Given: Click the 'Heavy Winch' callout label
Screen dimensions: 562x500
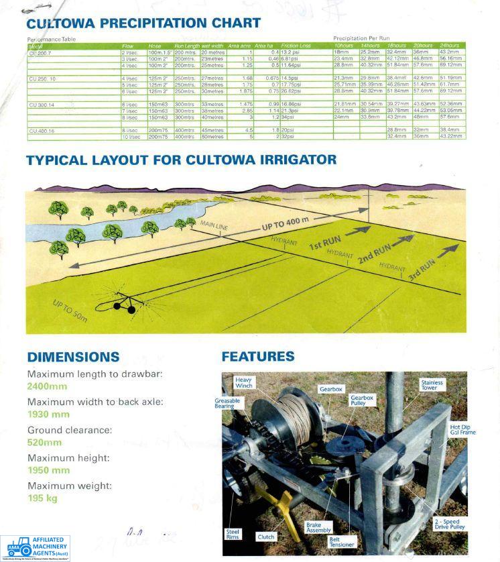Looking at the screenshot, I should tap(243, 383).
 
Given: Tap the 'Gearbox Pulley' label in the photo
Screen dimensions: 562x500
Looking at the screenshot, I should tap(361, 400).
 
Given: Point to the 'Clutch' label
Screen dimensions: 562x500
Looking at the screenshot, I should tap(265, 537).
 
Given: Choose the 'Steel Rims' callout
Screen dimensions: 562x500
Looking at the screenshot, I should tap(233, 535).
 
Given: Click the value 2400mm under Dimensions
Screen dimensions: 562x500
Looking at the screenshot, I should tap(47, 386).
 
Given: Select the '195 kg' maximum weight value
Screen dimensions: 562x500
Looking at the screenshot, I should tap(43, 498).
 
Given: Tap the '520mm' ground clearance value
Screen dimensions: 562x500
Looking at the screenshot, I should tap(44, 443).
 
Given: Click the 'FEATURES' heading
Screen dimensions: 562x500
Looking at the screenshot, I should tap(257, 357).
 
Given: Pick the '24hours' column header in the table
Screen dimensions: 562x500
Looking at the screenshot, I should tap(449, 45).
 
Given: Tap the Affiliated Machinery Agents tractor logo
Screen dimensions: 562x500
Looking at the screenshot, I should tap(15, 547).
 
